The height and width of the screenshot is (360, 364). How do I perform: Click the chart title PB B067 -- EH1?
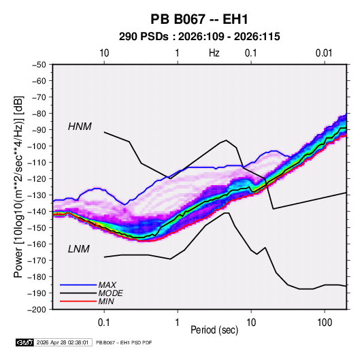(199, 19)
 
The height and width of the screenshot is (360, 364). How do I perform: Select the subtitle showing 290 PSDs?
(199, 37)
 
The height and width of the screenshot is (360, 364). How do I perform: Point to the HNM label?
(80, 127)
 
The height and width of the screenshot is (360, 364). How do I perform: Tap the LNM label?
(79, 249)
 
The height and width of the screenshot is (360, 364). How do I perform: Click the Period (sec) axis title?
(214, 330)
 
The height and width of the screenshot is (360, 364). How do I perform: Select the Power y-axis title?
(18, 186)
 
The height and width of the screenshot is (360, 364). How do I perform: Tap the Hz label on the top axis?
(214, 53)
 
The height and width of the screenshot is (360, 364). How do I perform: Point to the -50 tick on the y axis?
(39, 65)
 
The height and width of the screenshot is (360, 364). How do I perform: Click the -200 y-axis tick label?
(37, 310)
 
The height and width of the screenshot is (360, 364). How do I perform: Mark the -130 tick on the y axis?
(37, 195)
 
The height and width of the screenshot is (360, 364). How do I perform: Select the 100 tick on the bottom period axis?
(325, 322)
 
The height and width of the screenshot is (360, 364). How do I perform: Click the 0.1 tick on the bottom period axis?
(104, 322)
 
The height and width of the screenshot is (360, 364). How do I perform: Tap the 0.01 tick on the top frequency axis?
(324, 53)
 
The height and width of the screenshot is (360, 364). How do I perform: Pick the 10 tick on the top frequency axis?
(104, 53)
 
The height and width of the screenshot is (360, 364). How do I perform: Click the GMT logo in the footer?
(24, 342)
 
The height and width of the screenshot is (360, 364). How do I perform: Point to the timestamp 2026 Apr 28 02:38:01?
(63, 342)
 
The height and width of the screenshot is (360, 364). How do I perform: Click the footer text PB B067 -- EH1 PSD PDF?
(124, 342)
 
